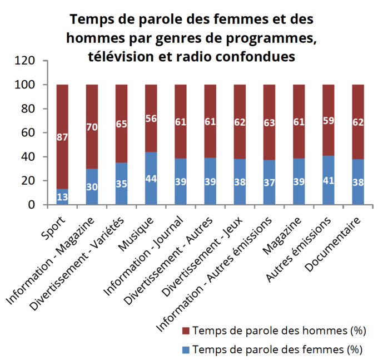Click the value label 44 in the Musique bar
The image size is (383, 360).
pos(151,179)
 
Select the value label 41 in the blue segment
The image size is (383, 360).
pos(329,180)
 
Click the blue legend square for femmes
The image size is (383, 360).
pos(186,350)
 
